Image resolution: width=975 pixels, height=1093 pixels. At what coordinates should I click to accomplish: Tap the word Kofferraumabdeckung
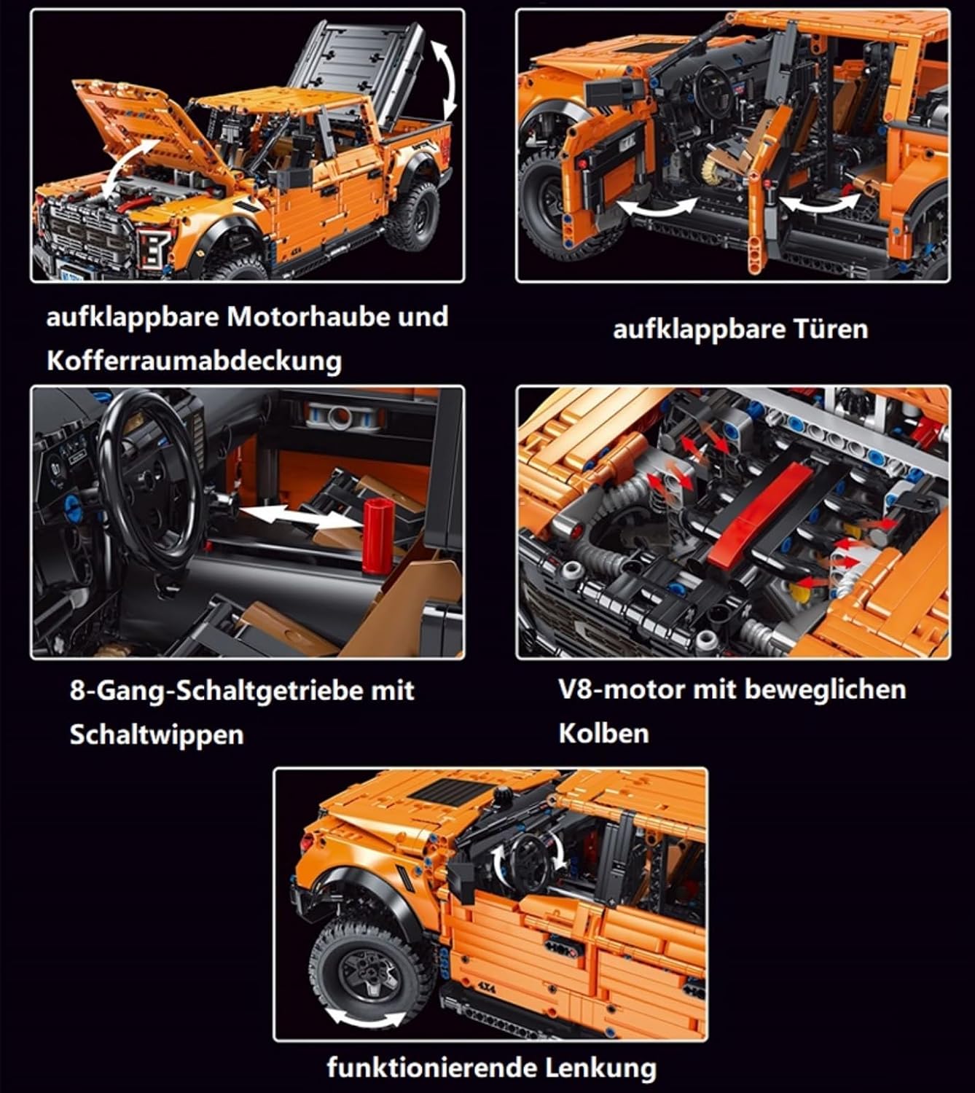195,361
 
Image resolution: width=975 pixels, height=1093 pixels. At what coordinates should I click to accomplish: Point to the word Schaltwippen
157,734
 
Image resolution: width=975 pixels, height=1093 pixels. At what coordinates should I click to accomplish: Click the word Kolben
603,734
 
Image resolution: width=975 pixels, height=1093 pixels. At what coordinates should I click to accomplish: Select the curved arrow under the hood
128,168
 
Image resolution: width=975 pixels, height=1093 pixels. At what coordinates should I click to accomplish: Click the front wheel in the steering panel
372,971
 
